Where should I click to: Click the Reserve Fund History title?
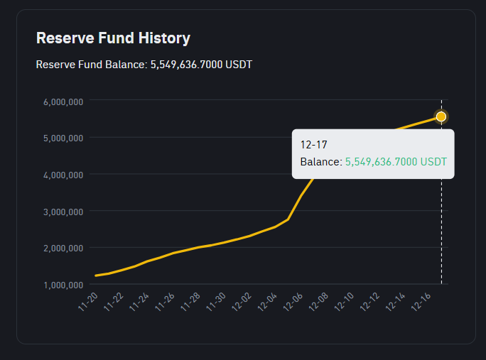point(113,38)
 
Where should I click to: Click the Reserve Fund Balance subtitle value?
point(201,65)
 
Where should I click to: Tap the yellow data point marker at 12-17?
point(441,116)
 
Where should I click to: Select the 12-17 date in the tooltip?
point(313,145)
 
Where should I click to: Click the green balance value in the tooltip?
point(396,162)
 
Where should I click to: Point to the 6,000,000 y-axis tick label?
point(63,102)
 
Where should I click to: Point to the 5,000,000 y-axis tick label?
point(63,138)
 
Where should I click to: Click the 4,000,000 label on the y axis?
point(63,175)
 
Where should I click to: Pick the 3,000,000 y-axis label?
point(63,212)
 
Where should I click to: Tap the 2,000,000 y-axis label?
point(63,248)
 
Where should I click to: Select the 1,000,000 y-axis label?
point(63,285)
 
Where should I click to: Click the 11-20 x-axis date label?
point(88,302)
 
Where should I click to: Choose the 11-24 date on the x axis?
point(139,302)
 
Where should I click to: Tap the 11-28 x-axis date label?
point(190,302)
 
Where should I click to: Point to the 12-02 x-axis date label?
point(242,302)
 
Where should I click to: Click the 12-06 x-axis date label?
point(293,302)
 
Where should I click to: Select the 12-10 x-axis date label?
point(344,302)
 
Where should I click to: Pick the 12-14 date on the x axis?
point(395,302)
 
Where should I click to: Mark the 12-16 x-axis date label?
point(421,302)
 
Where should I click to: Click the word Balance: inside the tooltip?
point(321,162)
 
